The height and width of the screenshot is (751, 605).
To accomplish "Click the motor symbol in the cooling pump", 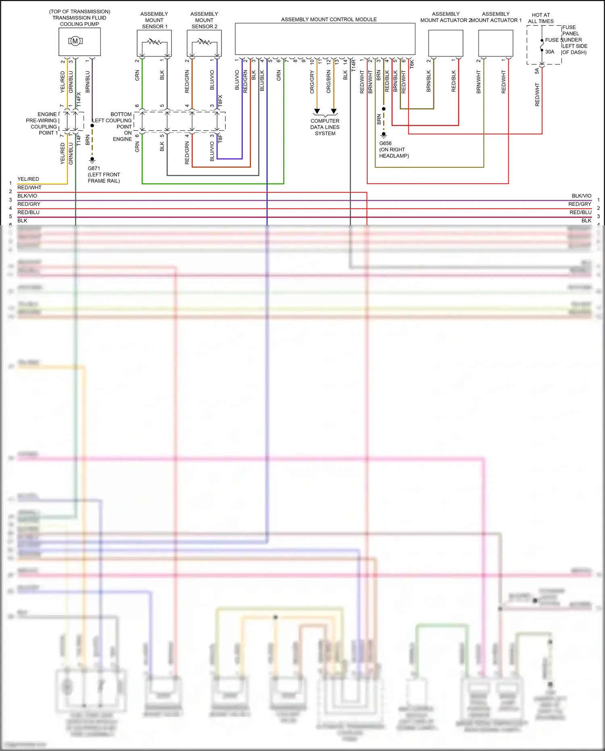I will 75,41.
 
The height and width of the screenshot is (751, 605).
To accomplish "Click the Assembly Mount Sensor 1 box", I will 154,43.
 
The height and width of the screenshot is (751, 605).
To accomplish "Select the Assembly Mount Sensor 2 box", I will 204,43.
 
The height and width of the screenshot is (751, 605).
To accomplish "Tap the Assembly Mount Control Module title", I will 329,19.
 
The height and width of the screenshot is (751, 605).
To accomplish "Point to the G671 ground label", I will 94,168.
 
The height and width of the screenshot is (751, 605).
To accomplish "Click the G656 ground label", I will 385,143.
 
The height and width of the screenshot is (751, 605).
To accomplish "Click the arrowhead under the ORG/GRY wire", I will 317,111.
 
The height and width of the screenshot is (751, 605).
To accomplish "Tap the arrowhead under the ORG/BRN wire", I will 334,111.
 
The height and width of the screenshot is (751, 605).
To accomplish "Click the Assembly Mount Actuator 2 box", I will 445,43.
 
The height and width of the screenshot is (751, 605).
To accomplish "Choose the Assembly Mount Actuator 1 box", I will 496,43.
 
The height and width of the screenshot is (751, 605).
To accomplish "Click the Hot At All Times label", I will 541,18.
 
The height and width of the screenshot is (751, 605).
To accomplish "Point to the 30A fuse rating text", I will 550,52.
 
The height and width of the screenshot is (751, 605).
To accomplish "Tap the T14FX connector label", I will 79,99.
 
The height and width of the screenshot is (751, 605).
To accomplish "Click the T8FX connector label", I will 220,101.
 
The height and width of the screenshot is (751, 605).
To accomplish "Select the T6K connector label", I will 412,64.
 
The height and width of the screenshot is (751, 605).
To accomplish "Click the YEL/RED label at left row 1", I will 28,179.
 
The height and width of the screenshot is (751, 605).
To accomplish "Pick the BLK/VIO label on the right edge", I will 581,196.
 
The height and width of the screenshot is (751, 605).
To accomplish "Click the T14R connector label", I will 354,66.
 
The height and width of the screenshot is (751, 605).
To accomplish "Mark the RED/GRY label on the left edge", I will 29,204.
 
